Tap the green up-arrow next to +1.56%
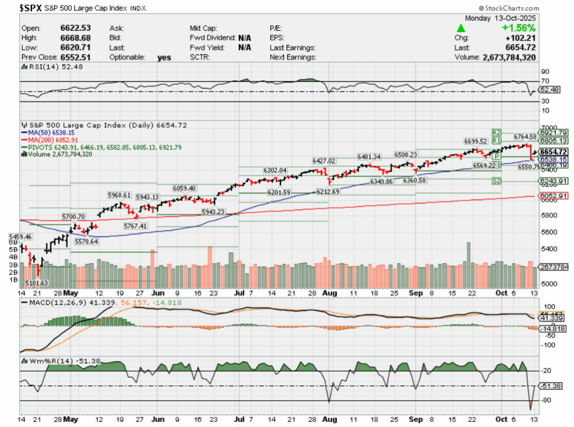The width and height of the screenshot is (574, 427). [460, 27]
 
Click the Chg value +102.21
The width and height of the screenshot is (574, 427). [521, 38]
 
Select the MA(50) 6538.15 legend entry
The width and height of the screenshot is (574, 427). [53, 132]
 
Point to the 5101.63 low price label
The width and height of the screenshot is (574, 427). [36, 283]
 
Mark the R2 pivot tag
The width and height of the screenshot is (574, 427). [496, 132]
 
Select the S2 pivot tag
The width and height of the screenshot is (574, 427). [496, 181]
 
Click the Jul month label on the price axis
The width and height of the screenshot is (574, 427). [239, 293]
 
